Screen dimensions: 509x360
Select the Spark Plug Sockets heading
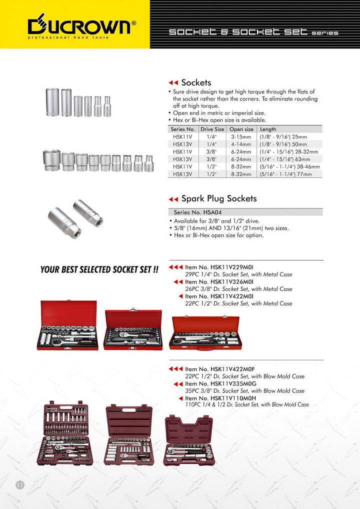point(218,198)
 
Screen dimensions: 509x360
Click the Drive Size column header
point(212,129)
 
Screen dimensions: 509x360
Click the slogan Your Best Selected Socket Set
point(99,270)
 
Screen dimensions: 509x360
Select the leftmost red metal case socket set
point(67,325)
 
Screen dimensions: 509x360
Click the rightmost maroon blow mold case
point(188,440)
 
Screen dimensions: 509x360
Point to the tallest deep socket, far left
point(52,101)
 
